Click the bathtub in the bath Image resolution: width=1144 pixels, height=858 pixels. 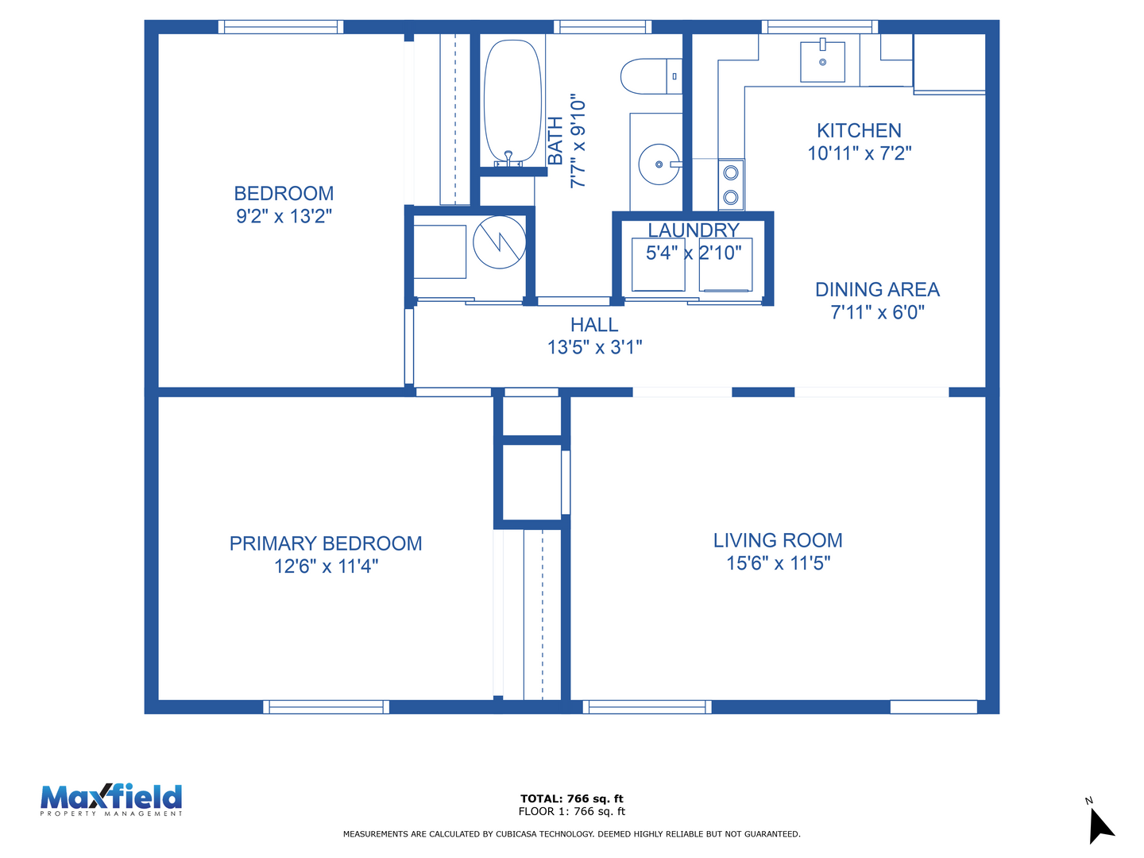tap(512, 102)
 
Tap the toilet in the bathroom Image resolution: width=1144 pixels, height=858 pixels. tap(651, 76)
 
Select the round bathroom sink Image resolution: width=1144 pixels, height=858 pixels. tap(659, 164)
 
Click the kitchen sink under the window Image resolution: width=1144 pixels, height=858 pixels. tap(822, 60)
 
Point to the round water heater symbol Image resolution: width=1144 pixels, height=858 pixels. tap(499, 242)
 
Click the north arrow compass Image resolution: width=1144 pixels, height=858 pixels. tap(1100, 824)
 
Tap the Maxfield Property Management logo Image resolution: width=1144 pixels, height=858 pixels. tap(111, 800)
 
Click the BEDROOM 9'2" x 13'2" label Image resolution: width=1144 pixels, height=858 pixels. tap(284, 204)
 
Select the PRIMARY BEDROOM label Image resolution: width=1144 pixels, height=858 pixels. tap(325, 543)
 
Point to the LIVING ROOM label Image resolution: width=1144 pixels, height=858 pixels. tap(778, 540)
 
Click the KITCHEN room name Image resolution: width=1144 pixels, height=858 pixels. tap(858, 130)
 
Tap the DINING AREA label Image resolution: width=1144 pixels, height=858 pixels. tap(877, 289)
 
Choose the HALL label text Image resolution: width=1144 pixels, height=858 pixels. tap(594, 325)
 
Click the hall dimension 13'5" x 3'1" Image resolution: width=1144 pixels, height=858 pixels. tap(594, 347)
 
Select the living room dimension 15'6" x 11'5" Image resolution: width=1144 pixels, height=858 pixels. tap(778, 563)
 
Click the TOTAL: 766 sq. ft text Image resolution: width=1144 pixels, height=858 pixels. tap(571, 798)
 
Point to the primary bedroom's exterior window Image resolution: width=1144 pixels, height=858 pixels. tap(326, 707)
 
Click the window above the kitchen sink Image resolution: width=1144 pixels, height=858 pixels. tap(819, 26)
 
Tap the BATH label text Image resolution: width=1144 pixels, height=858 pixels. tap(555, 141)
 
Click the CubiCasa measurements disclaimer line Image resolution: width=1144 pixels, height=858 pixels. tap(571, 834)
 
